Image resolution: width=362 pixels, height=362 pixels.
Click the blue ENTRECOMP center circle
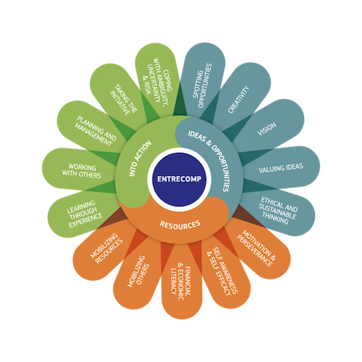click(x=180, y=180)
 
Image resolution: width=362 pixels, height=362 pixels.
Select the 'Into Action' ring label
click(x=140, y=159)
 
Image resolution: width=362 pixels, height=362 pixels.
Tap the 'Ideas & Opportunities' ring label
click(x=209, y=160)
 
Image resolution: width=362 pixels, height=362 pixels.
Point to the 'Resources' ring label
click(x=180, y=224)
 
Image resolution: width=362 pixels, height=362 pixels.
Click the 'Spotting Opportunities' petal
click(x=203, y=80)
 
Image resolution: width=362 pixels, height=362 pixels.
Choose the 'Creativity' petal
click(x=241, y=96)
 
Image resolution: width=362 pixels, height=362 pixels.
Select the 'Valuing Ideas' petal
click(x=281, y=167)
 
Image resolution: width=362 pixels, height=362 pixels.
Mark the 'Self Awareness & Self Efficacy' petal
click(x=223, y=273)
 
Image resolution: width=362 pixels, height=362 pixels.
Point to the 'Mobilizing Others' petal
click(x=138, y=273)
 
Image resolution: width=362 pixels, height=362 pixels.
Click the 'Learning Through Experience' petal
click(x=83, y=214)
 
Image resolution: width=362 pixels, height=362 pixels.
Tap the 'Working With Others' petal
click(x=81, y=170)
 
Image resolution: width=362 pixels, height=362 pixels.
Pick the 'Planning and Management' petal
click(x=94, y=130)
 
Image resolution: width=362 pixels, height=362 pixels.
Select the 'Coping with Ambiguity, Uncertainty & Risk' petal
click(x=158, y=81)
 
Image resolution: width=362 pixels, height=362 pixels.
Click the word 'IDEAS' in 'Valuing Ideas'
click(x=292, y=167)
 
